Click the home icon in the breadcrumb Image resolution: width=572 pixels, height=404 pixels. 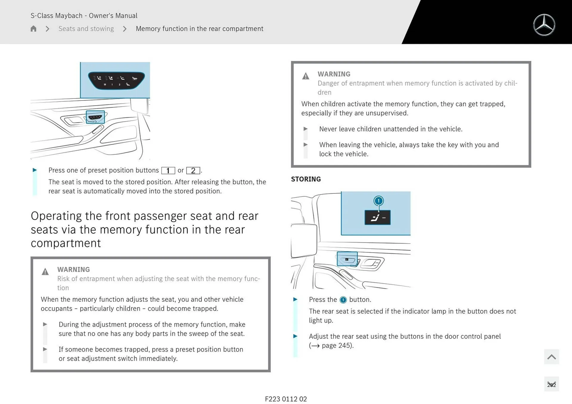coord(33,29)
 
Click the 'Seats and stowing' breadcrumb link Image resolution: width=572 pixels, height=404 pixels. coord(86,29)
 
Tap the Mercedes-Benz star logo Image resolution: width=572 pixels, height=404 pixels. coord(544,25)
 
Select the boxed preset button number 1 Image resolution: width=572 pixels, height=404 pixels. coord(168,170)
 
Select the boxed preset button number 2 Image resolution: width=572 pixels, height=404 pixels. coord(193,170)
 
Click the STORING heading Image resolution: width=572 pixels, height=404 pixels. coord(306,179)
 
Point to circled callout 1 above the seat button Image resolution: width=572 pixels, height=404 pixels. coord(378,201)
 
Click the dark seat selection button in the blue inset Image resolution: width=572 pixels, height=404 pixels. coord(377,217)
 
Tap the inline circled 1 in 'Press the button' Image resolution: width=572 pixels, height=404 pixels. coord(343,300)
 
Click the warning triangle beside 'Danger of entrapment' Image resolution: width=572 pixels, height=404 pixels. coord(306,76)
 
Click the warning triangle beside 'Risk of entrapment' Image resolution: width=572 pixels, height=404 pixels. coord(45,272)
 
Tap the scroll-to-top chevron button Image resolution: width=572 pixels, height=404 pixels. coord(551,357)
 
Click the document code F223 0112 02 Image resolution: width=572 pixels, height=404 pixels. coord(286,399)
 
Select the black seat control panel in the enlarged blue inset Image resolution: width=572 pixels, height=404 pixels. coord(116,80)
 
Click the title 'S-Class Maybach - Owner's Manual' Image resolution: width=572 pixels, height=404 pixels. coord(84,15)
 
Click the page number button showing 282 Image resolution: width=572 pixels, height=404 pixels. coord(551,384)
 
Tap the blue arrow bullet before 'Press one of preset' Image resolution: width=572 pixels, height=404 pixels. coord(35,170)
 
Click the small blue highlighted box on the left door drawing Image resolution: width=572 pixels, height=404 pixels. coord(95,117)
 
